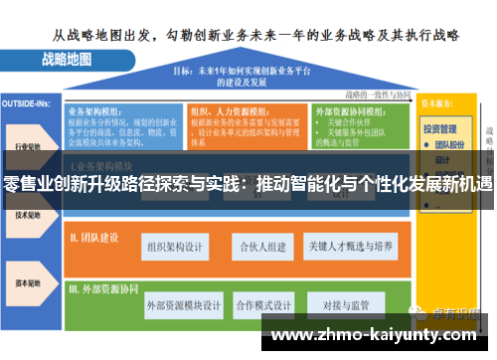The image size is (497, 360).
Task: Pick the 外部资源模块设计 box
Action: click(184, 305)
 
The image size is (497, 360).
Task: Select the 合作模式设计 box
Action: click(265, 305)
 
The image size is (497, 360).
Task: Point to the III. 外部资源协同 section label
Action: click(104, 289)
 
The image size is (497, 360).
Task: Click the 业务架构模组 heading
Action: click(99, 112)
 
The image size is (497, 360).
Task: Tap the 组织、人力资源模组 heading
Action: click(230, 112)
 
